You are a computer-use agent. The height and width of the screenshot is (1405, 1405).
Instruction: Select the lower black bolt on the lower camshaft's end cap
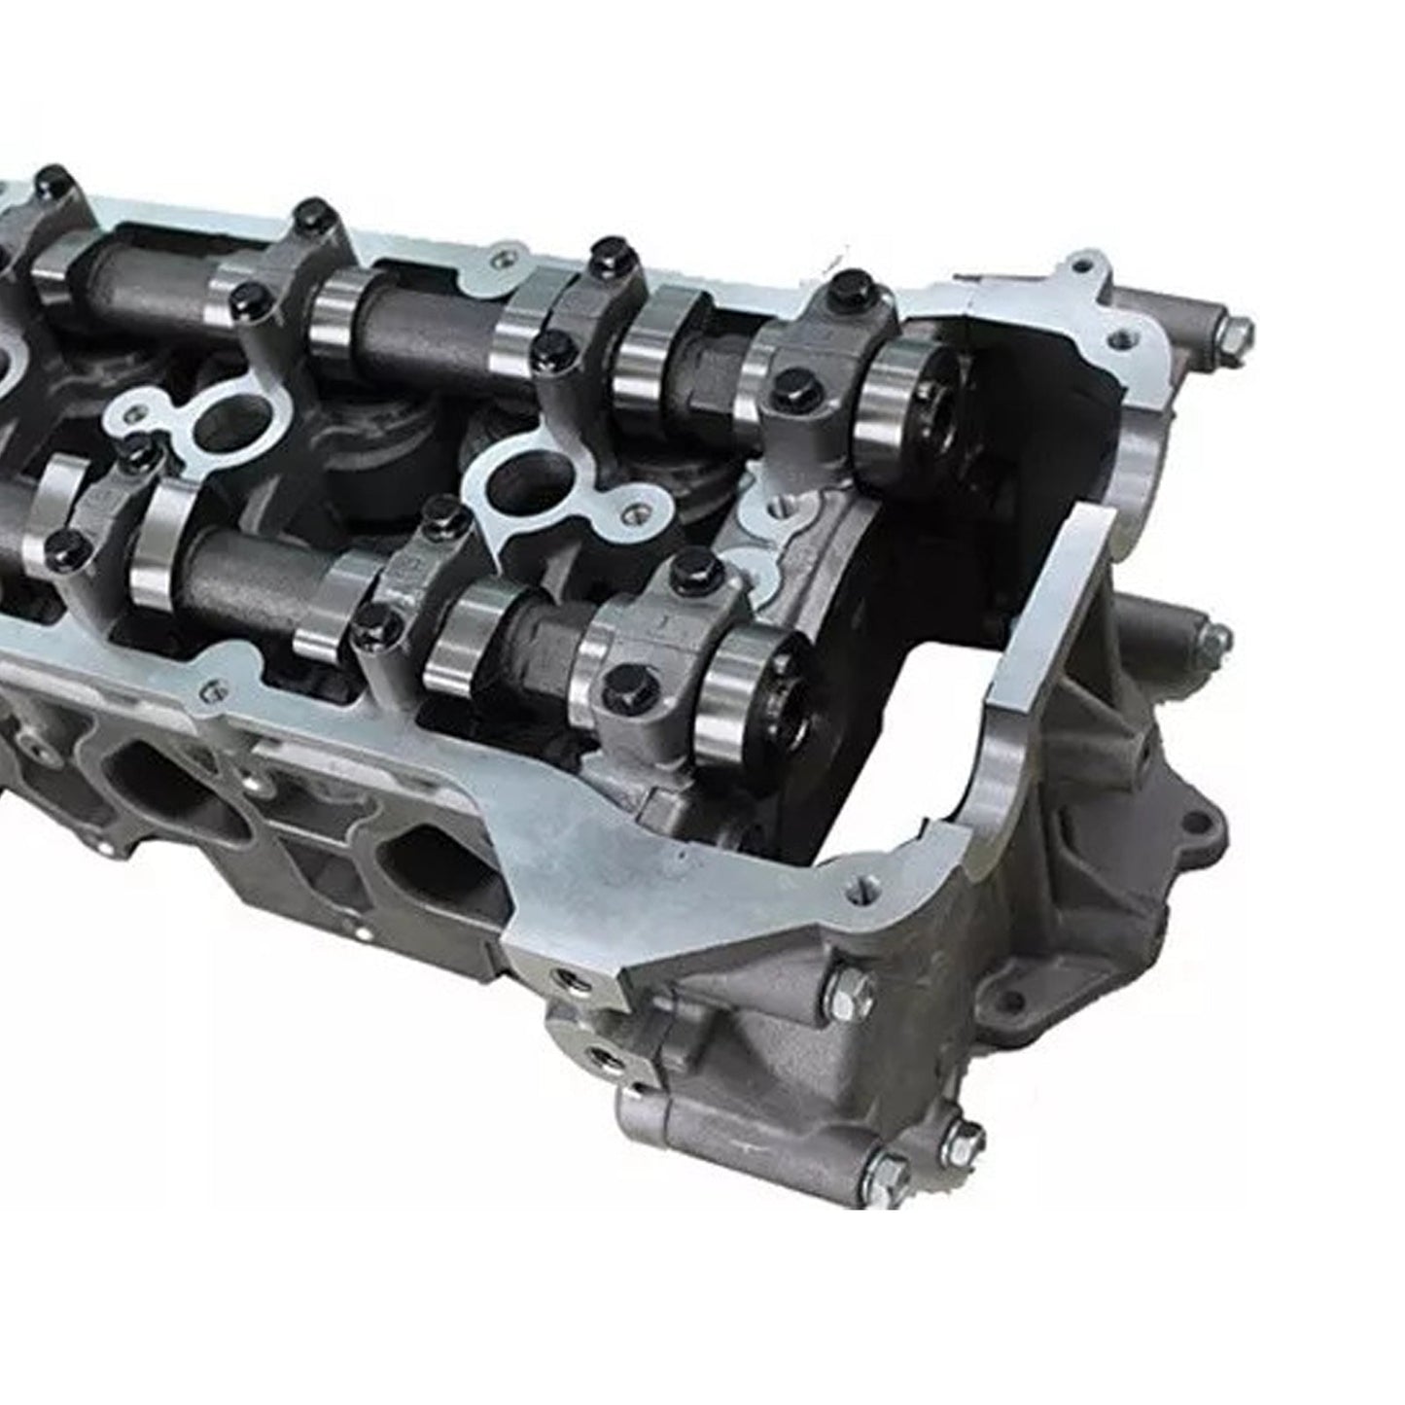coord(622,672)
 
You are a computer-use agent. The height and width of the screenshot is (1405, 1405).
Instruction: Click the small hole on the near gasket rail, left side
coord(205,689)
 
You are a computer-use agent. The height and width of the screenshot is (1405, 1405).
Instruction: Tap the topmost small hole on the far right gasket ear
coord(1077,261)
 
